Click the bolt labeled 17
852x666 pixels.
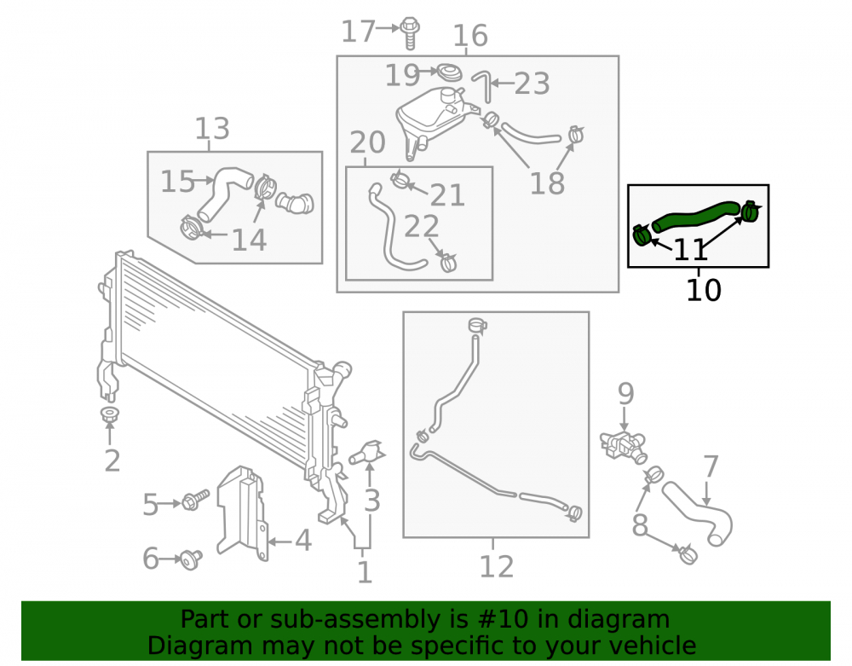click(409, 34)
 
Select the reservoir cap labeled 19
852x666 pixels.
click(450, 72)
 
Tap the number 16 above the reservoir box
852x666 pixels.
click(470, 35)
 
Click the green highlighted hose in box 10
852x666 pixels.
click(695, 215)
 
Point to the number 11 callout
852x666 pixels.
click(691, 250)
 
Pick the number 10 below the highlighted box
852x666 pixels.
click(704, 290)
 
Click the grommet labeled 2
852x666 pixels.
click(110, 414)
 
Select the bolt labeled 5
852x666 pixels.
click(196, 500)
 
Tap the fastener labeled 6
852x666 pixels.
click(191, 559)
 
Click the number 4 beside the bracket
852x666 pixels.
click(303, 541)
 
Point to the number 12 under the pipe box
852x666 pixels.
click(496, 566)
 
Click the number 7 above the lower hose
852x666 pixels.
click(711, 466)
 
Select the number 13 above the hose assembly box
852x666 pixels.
click(212, 129)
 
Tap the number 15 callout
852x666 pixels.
click(177, 181)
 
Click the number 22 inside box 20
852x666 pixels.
click(421, 226)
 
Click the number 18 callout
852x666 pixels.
click(547, 183)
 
